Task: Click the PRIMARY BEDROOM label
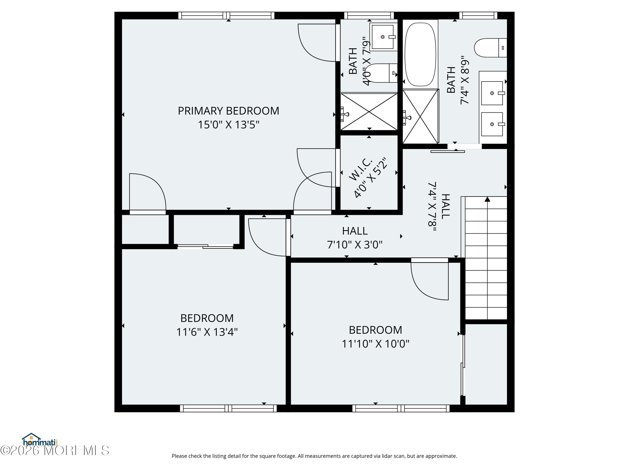(228, 111)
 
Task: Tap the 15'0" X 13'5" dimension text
(229, 125)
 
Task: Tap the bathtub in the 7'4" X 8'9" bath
(420, 54)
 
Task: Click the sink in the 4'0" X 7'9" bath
(383, 37)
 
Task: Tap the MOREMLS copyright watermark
(55, 450)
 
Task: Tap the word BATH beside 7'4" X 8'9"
(451, 80)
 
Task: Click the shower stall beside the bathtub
(421, 116)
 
